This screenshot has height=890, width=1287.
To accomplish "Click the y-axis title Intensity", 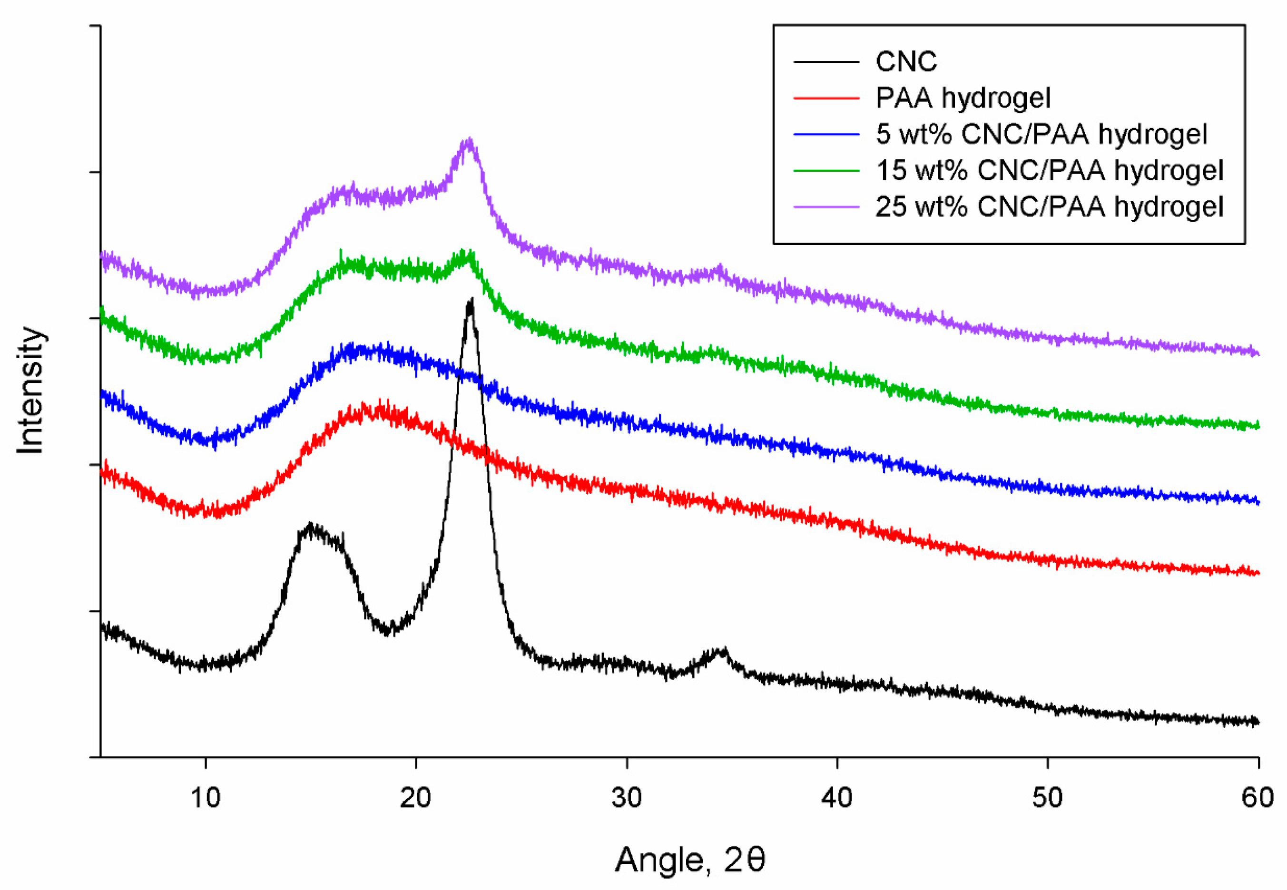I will (x=30, y=391).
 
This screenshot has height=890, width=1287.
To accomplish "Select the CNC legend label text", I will (x=906, y=61).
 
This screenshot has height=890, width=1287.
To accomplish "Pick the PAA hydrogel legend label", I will (x=963, y=98).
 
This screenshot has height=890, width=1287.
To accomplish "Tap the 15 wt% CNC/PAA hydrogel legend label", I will (x=1049, y=171).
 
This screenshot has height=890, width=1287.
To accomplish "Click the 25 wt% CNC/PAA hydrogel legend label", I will (x=1049, y=207).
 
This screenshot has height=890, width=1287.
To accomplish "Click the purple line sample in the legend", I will (x=826, y=207).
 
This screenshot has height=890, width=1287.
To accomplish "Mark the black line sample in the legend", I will (x=826, y=61).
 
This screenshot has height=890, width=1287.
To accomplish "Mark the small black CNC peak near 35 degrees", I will (x=723, y=650).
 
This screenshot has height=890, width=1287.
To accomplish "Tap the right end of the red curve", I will (x=1258, y=573).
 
